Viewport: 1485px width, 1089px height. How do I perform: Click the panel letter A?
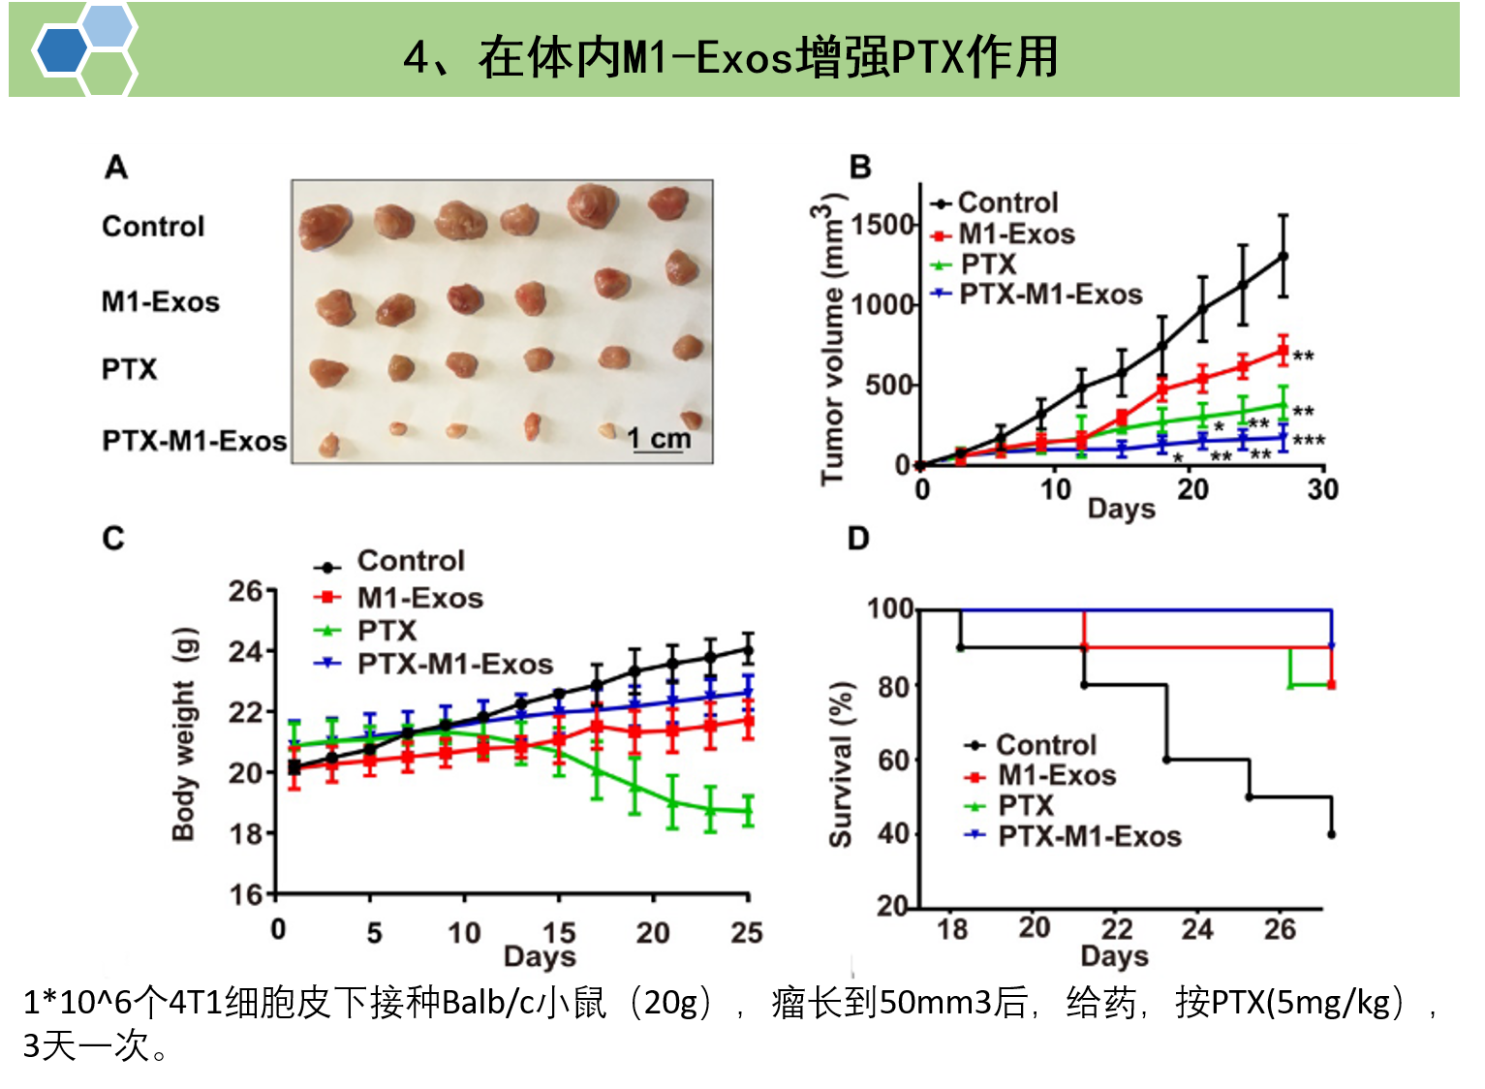click(116, 168)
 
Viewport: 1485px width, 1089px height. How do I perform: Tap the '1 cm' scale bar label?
click(660, 438)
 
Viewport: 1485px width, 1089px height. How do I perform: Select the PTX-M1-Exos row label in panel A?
click(195, 441)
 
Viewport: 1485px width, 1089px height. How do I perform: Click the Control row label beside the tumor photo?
click(153, 226)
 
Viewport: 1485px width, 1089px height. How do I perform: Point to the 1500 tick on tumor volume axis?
click(882, 225)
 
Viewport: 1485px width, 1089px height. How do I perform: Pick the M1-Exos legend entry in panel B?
click(1015, 233)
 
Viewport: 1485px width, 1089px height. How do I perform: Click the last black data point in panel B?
click(1284, 256)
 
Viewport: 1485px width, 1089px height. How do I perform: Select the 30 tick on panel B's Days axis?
click(1322, 488)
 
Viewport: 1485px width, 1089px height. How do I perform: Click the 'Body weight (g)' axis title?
click(183, 734)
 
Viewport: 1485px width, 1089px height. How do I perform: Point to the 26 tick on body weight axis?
click(245, 590)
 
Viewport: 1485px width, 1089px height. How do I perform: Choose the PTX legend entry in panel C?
click(386, 631)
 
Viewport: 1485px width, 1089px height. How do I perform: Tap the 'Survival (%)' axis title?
click(840, 764)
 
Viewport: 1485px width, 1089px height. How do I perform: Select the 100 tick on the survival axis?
click(889, 608)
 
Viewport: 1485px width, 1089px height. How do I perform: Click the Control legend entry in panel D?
click(1045, 744)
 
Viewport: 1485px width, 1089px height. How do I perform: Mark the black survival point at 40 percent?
click(1332, 834)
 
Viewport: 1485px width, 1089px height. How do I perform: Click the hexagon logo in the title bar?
click(84, 50)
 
